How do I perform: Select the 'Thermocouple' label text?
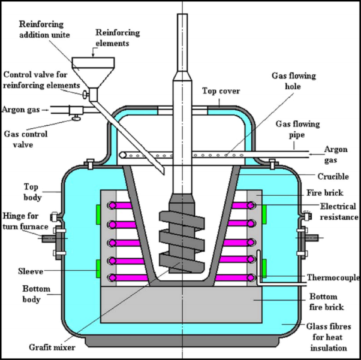pyautogui.click(x=333, y=278)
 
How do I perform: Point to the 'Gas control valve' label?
pyautogui.click(x=25, y=140)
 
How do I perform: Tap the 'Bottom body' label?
pyautogui.click(x=23, y=294)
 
